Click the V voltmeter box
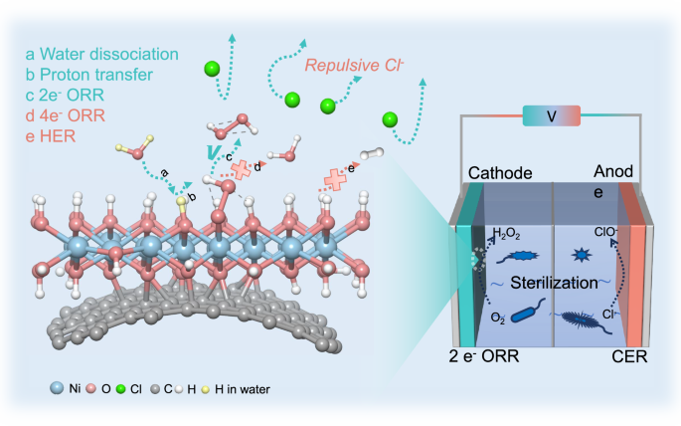552,117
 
